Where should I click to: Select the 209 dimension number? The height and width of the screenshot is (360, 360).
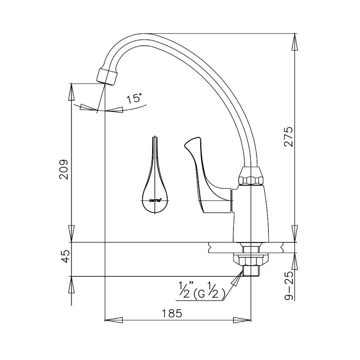click(x=64, y=169)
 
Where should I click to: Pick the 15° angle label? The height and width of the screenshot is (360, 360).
click(x=134, y=98)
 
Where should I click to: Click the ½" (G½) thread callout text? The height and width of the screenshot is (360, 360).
click(x=200, y=291)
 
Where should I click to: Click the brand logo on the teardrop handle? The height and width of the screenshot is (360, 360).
click(x=155, y=200)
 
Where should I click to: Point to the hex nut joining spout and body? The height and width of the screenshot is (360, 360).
click(x=251, y=176)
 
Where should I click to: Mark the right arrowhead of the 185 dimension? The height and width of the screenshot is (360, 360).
click(x=243, y=320)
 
